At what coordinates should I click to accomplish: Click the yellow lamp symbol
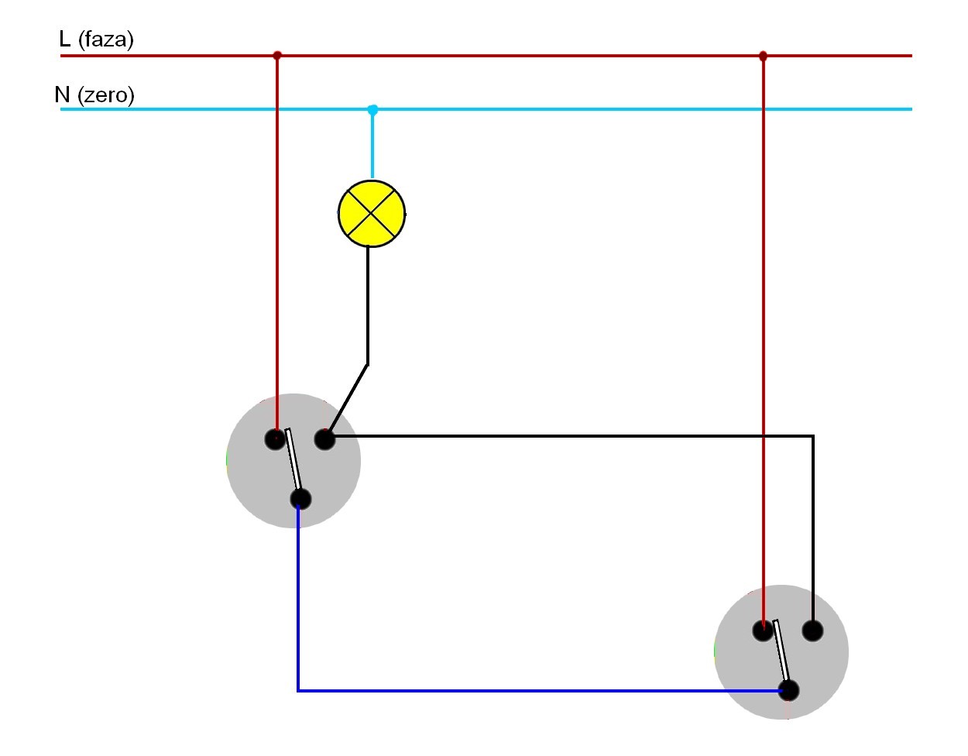pyautogui.click(x=372, y=213)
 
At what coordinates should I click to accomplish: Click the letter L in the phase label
pyautogui.click(x=64, y=39)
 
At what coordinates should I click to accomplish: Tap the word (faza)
pyautogui.click(x=105, y=40)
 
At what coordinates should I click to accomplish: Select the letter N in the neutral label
pyautogui.click(x=63, y=94)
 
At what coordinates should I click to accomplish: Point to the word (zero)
pyautogui.click(x=105, y=95)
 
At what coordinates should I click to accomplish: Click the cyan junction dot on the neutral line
pyautogui.click(x=372, y=109)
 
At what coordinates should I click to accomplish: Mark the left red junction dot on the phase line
pyautogui.click(x=277, y=56)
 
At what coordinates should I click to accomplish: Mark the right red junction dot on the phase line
pyautogui.click(x=763, y=56)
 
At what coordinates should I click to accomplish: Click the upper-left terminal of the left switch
pyautogui.click(x=275, y=439)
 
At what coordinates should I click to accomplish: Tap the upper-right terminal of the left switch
pyautogui.click(x=324, y=440)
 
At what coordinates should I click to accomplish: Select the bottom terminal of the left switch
pyautogui.click(x=300, y=499)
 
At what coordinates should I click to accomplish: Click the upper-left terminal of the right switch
pyautogui.click(x=763, y=631)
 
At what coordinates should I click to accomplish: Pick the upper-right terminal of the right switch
pyautogui.click(x=812, y=631)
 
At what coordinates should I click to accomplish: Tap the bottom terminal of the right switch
pyautogui.click(x=788, y=690)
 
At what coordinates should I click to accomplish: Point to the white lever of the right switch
pyautogui.click(x=781, y=651)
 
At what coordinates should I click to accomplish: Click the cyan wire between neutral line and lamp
pyautogui.click(x=372, y=143)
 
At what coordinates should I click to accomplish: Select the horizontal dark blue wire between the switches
pyautogui.click(x=540, y=690)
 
